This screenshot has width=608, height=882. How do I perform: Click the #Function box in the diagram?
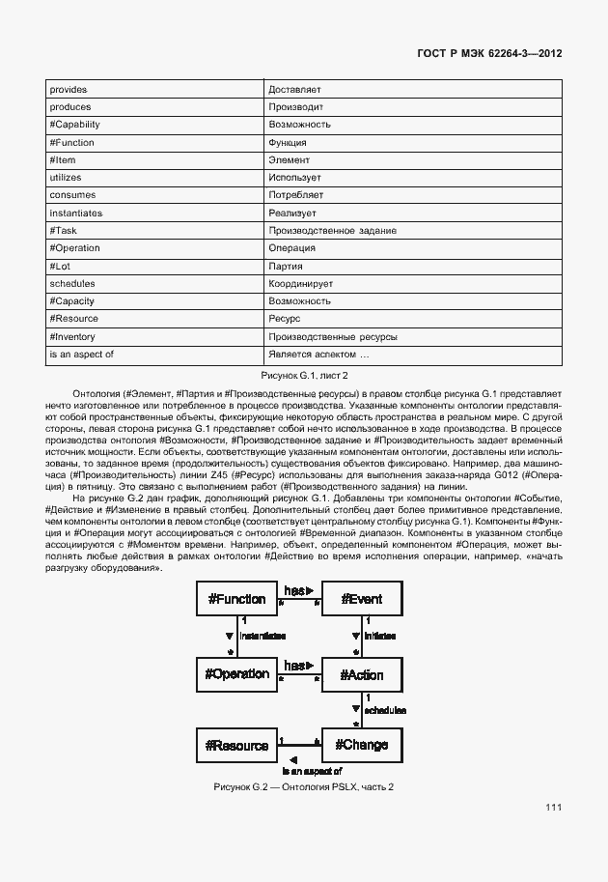point(236,599)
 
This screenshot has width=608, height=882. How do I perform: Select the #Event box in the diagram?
point(362,599)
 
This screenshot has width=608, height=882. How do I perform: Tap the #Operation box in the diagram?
point(236,672)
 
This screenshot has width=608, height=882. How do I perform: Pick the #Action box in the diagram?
point(362,672)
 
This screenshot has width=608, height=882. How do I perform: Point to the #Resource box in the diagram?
point(236,745)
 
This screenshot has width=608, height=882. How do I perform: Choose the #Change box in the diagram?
point(362,745)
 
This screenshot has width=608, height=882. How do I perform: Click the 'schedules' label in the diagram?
point(384,710)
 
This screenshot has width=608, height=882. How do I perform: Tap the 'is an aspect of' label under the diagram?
point(312,771)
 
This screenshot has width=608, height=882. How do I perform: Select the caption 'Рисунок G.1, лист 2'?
point(304,375)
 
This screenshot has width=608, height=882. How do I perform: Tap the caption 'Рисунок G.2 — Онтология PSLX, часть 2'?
point(304,787)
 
